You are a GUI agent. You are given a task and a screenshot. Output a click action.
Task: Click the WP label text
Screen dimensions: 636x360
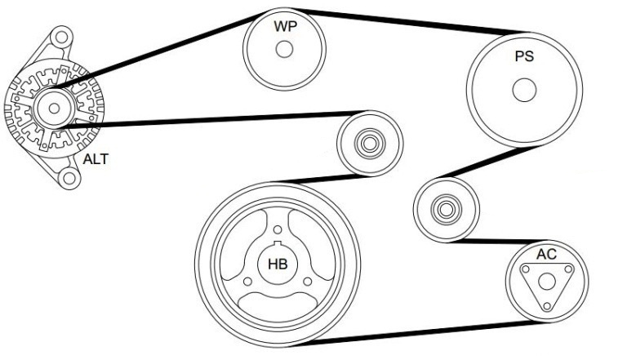[286, 26]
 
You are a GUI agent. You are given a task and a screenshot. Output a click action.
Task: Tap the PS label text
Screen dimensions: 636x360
[524, 56]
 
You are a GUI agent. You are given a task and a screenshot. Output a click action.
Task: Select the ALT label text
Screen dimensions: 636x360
[96, 159]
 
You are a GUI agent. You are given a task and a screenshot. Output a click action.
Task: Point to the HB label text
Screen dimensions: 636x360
[278, 264]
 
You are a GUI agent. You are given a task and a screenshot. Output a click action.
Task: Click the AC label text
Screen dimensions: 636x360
[546, 254]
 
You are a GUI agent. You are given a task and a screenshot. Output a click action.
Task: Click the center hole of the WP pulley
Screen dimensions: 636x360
[284, 50]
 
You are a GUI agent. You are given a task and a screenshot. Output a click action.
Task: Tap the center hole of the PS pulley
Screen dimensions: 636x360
[524, 90]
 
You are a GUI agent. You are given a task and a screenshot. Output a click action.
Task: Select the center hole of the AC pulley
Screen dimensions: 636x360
[547, 282]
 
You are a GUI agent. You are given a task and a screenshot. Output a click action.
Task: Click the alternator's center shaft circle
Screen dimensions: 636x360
[54, 109]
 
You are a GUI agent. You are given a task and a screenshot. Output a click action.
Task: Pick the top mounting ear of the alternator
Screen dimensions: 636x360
[61, 38]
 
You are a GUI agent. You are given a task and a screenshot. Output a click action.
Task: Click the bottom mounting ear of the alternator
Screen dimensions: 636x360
[69, 178]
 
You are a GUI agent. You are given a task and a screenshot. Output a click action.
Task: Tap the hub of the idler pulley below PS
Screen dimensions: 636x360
[446, 210]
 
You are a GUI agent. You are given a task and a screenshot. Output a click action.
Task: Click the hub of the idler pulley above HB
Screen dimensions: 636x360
[370, 144]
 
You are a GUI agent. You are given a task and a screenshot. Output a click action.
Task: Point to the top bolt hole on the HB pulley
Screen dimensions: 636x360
[278, 230]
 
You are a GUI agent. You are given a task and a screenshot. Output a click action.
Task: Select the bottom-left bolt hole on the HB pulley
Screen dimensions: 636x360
[247, 282]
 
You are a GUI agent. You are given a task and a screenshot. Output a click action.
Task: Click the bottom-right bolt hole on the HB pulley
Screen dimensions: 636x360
[308, 282]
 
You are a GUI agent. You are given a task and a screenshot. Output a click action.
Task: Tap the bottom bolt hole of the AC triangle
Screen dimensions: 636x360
[547, 305]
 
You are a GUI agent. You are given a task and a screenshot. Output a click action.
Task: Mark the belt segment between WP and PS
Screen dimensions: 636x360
[410, 21]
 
